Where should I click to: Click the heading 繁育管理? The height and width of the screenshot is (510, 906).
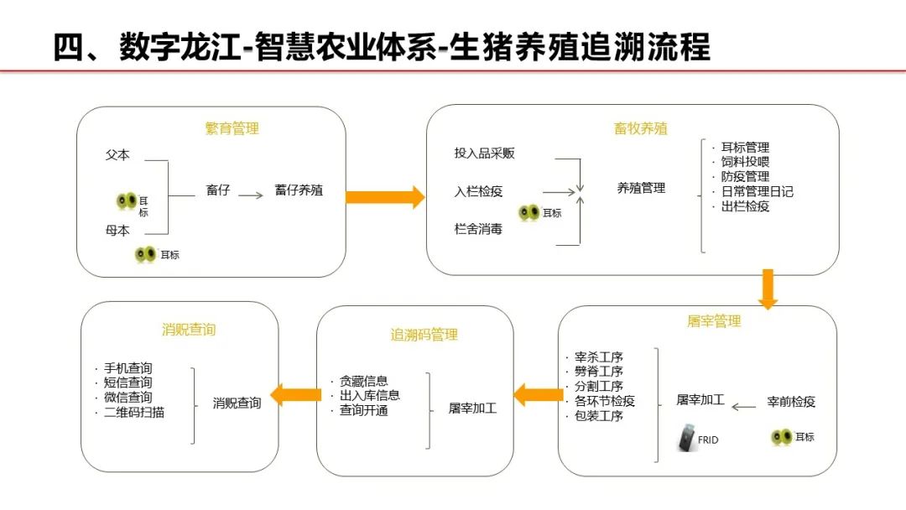click(232, 128)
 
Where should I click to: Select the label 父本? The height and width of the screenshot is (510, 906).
click(117, 155)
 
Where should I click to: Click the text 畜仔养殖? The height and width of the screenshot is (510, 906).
click(298, 191)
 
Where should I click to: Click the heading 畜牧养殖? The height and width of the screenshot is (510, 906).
click(641, 128)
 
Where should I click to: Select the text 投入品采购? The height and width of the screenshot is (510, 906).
click(485, 154)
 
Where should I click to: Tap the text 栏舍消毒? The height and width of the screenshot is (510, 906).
click(478, 229)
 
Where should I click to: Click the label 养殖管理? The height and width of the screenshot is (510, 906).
click(641, 188)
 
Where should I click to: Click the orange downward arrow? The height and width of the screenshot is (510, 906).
click(768, 289)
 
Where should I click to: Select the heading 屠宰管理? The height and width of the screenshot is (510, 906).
click(714, 321)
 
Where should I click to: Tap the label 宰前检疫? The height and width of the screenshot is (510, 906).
click(791, 402)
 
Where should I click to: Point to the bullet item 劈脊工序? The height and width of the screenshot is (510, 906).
click(598, 372)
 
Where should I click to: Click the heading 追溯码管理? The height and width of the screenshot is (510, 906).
click(424, 335)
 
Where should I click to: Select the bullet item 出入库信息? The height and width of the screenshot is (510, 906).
click(369, 395)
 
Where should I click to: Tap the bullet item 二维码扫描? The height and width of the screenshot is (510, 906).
click(134, 413)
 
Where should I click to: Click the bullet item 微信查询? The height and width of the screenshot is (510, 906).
click(128, 398)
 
